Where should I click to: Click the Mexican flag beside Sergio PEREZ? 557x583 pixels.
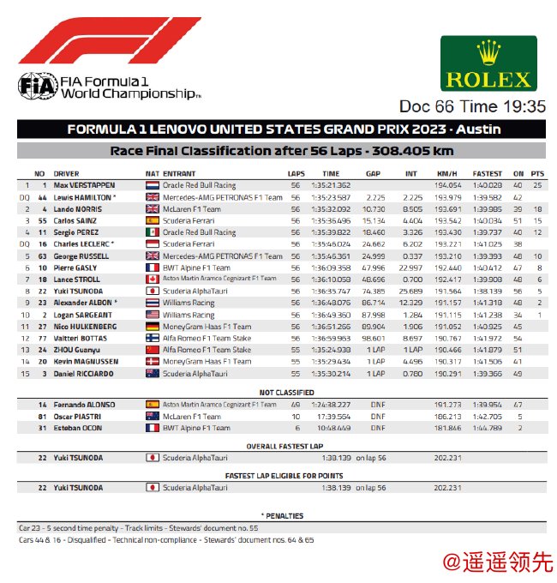(x=152, y=231)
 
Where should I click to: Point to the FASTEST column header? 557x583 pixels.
(x=487, y=173)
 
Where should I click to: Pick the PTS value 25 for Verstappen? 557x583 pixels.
(x=537, y=185)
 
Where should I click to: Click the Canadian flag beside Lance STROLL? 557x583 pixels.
(x=152, y=278)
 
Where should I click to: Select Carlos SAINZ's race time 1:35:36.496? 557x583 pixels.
(x=325, y=219)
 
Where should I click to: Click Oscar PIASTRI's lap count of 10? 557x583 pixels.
(x=296, y=417)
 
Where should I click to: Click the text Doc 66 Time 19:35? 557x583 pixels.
(x=472, y=106)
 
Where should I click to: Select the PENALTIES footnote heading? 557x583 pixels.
(x=280, y=516)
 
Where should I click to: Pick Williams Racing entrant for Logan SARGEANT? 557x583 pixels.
(x=190, y=315)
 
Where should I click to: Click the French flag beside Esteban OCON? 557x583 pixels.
(x=152, y=428)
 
